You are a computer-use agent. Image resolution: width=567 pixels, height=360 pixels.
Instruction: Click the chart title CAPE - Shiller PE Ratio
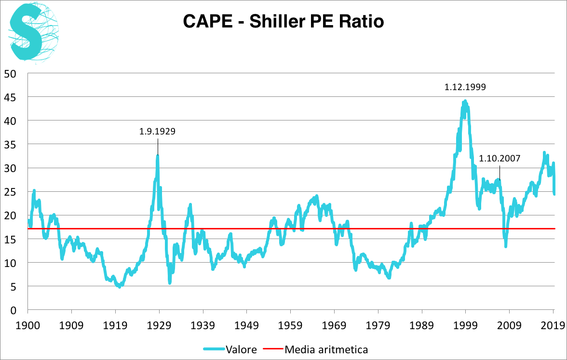[x=283, y=22]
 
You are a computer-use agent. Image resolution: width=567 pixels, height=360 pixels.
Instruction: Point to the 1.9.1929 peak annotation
[x=158, y=131]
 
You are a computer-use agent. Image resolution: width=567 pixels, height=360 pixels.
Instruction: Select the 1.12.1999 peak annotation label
[x=465, y=87]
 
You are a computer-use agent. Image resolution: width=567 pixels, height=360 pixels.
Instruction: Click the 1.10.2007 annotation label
[x=499, y=158]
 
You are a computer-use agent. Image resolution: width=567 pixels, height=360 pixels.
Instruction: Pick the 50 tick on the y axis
[x=11, y=74]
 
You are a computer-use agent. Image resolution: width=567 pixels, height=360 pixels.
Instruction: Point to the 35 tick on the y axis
[x=11, y=145]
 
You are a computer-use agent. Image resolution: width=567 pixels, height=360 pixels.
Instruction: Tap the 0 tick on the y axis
[x=13, y=310]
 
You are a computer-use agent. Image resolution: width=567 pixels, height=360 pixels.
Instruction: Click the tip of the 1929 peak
[x=158, y=155]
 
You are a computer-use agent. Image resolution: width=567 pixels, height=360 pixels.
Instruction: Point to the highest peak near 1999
[x=465, y=101]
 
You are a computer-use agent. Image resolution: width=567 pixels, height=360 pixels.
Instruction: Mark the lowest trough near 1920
[x=120, y=286]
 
